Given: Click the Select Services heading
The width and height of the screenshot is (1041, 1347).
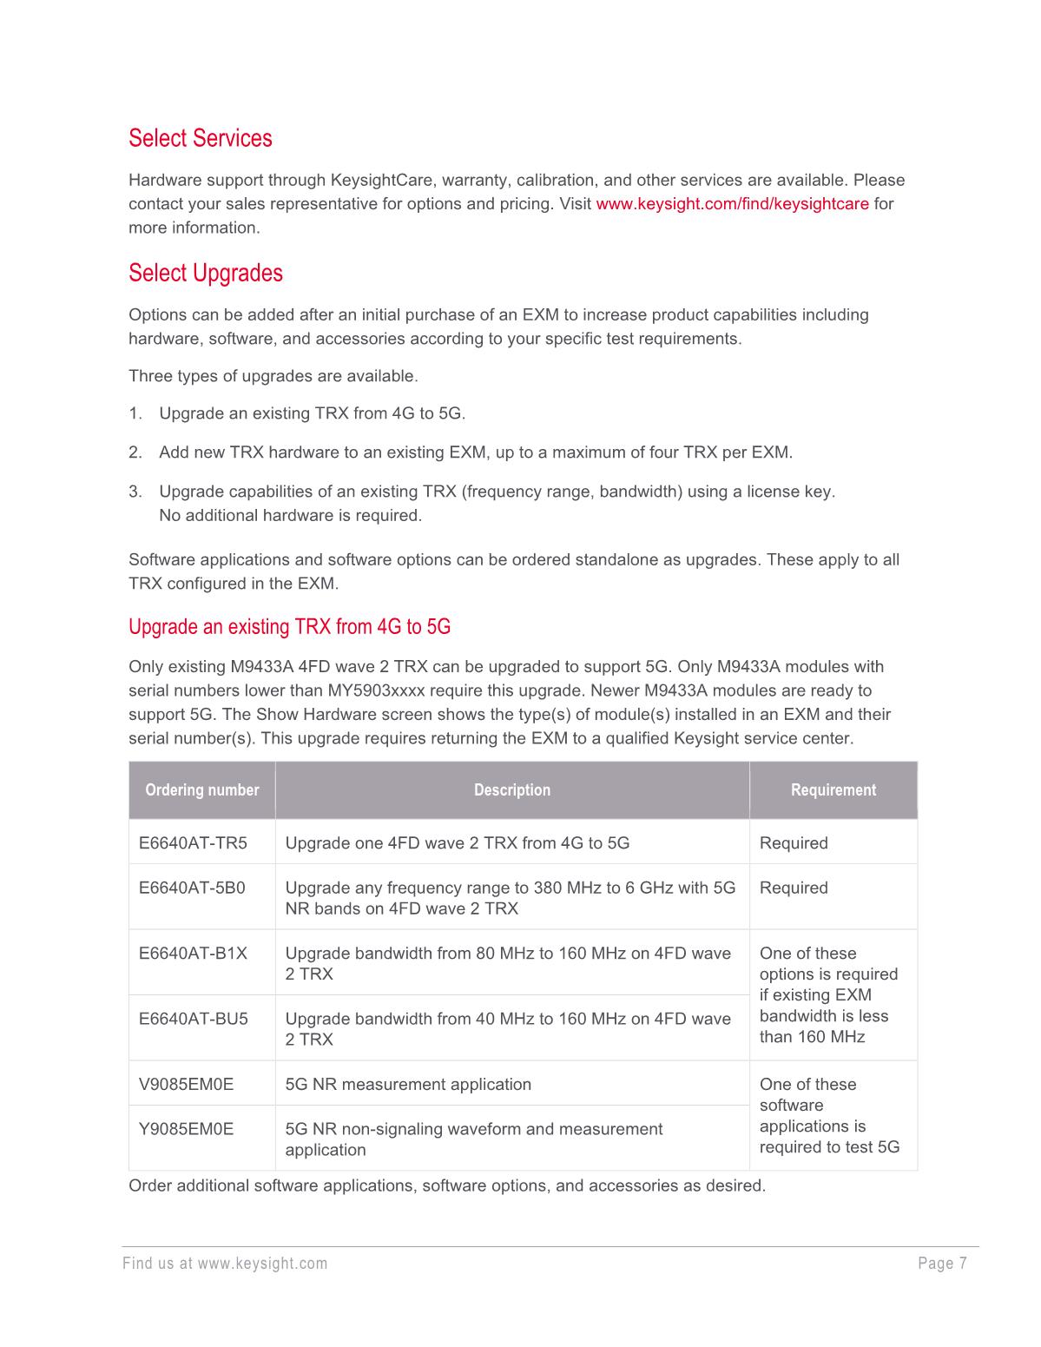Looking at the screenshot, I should pyautogui.click(x=200, y=138).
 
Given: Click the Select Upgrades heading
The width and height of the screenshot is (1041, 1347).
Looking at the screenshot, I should pyautogui.click(x=206, y=273).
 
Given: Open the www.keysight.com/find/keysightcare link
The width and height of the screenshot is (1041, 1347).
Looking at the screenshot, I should pyautogui.click(x=732, y=204).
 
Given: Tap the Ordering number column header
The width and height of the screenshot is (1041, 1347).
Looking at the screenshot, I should pyautogui.click(x=202, y=790).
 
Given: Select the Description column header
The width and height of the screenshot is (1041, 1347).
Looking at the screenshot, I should pyautogui.click(x=512, y=790).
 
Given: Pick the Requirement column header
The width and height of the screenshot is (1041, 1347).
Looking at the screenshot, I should pyautogui.click(x=833, y=790).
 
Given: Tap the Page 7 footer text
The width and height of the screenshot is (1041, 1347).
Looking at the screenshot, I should pyautogui.click(x=942, y=1264).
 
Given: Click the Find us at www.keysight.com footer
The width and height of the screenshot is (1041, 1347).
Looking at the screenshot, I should pyautogui.click(x=225, y=1264).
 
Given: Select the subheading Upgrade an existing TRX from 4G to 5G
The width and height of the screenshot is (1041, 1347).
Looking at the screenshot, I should pyautogui.click(x=289, y=627).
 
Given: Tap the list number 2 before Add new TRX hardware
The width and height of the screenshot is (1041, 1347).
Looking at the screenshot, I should pyautogui.click(x=134, y=452).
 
